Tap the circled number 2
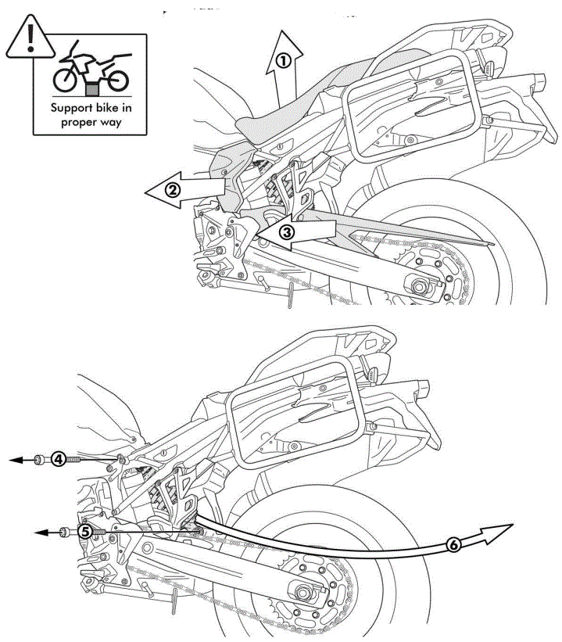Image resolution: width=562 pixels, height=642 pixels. click(x=173, y=188)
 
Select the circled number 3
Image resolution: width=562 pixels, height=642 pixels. click(x=287, y=231)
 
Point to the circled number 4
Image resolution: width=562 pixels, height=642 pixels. click(x=58, y=460)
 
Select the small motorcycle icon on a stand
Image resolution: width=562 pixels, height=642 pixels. click(x=90, y=69)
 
